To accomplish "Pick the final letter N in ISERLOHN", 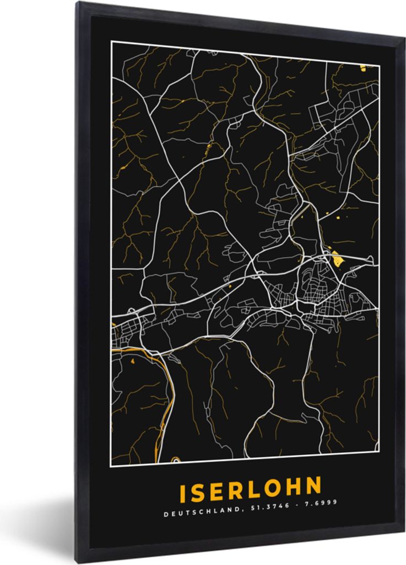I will pyautogui.click(x=313, y=486).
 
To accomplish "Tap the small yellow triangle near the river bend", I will pyautogui.click(x=133, y=361).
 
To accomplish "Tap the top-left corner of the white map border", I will pyautogui.click(x=112, y=42).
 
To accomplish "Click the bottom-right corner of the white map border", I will pyautogui.click(x=380, y=451).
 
